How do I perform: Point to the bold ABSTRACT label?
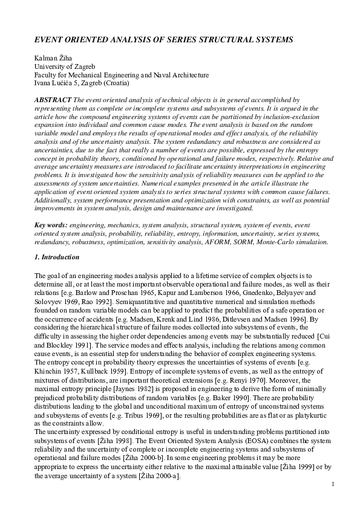point(53,98)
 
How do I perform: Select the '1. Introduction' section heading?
point(57,258)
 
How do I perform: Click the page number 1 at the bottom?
point(333,484)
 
